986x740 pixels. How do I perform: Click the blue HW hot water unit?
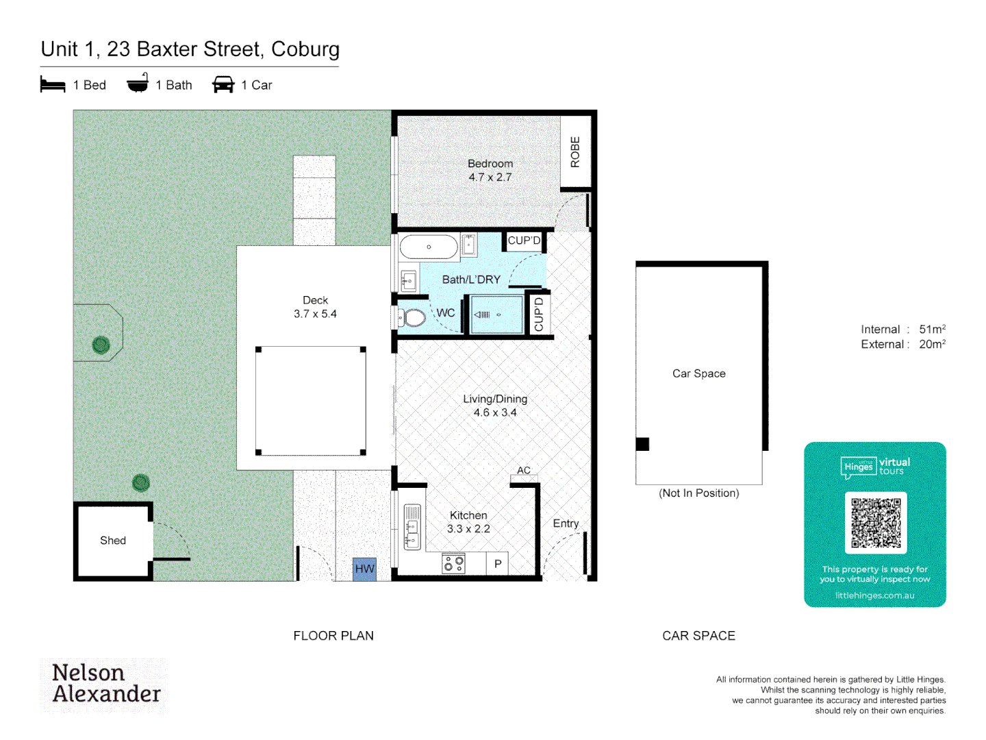pyautogui.click(x=364, y=569)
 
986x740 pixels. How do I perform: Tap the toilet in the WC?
pyautogui.click(x=412, y=317)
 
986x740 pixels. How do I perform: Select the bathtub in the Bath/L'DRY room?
pyautogui.click(x=429, y=247)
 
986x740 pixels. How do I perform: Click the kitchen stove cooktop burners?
pyautogui.click(x=453, y=564)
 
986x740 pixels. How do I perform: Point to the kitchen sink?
pyautogui.click(x=412, y=526)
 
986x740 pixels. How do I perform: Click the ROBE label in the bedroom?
pyautogui.click(x=575, y=152)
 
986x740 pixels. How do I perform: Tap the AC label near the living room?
pyautogui.click(x=524, y=470)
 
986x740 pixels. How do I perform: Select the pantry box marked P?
pyautogui.click(x=498, y=564)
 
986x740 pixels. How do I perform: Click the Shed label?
pyautogui.click(x=113, y=541)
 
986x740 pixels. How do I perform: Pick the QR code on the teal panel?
pyautogui.click(x=876, y=523)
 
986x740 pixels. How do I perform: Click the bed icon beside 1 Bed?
pyautogui.click(x=53, y=85)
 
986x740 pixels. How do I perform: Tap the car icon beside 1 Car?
pyautogui.click(x=223, y=85)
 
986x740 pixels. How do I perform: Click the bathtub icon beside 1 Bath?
pyautogui.click(x=138, y=84)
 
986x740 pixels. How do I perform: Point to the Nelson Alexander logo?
pyautogui.click(x=106, y=683)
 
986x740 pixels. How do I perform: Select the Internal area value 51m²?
pyautogui.click(x=932, y=330)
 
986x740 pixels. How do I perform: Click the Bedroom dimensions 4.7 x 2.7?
pyautogui.click(x=490, y=177)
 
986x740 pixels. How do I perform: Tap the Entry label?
pyautogui.click(x=566, y=523)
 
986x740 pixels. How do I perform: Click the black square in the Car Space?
pyautogui.click(x=642, y=444)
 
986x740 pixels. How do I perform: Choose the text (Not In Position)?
pyautogui.click(x=698, y=493)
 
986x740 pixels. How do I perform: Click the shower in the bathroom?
pyautogui.click(x=496, y=314)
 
